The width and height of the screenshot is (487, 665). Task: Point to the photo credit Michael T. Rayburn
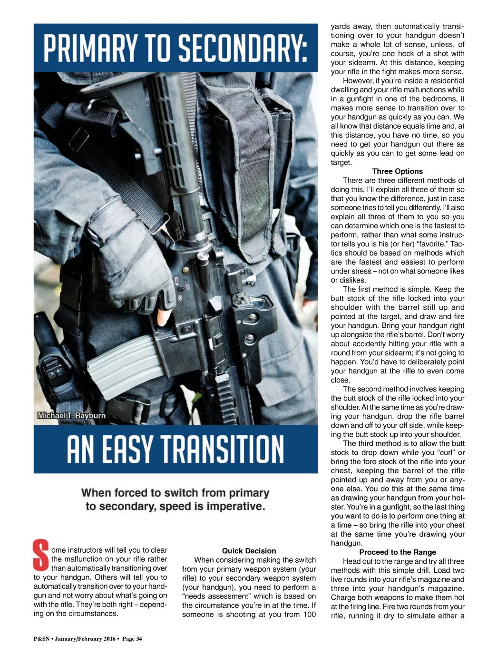coord(72,416)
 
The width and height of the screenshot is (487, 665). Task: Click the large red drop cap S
coord(41,555)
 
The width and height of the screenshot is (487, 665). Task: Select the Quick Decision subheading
coord(249,551)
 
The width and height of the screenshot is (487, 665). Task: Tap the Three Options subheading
coord(397,171)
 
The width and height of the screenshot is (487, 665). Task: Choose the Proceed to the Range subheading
coord(397,552)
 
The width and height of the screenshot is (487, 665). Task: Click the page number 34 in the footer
coord(139,639)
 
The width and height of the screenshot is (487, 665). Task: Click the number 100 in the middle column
coord(309,615)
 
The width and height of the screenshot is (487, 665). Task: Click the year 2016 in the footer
coord(109,639)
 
